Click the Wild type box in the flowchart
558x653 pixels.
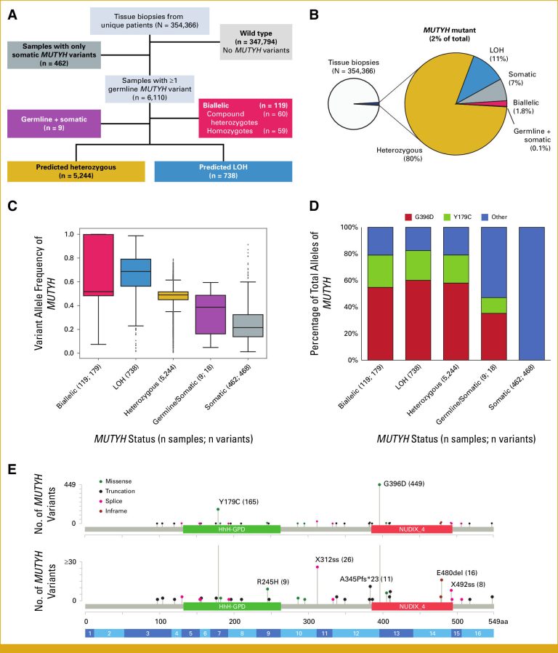256,41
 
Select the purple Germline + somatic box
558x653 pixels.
54,124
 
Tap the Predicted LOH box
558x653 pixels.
223,171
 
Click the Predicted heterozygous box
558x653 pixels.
76,171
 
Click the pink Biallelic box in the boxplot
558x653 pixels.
99,265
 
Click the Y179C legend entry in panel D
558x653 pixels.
458,217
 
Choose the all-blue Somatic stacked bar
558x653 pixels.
532,293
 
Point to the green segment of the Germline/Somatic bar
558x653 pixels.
494,305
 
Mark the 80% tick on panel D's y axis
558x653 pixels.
349,254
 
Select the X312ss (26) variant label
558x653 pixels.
334,560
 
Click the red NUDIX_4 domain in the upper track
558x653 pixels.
412,529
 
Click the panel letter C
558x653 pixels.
12,205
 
